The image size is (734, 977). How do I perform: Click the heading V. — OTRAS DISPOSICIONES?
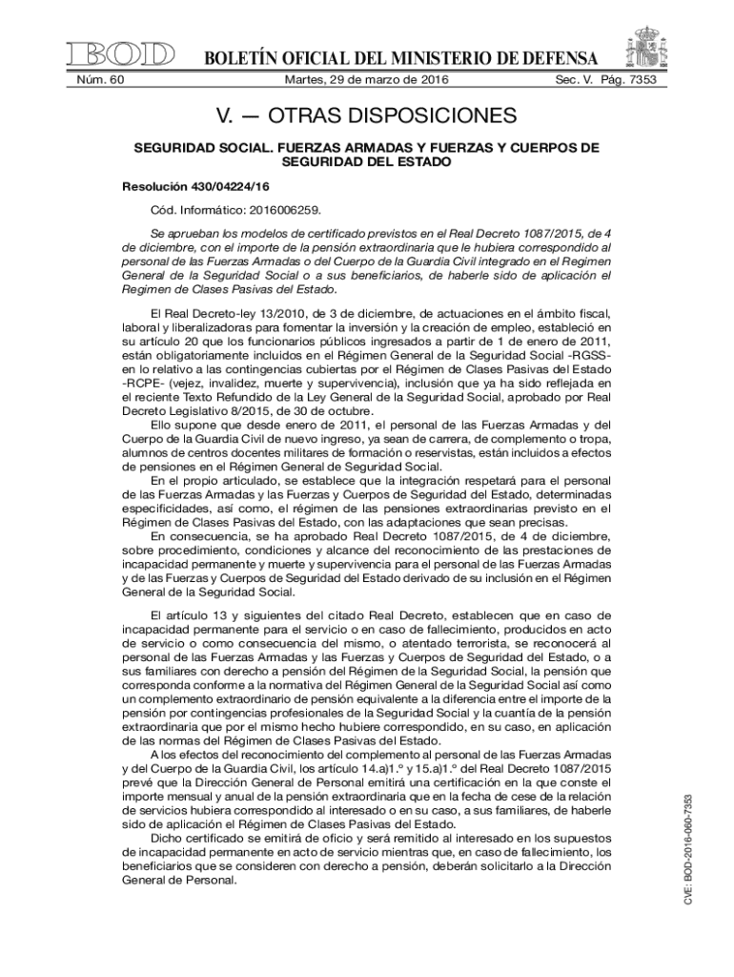(367, 117)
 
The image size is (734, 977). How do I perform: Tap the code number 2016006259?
(294, 207)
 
